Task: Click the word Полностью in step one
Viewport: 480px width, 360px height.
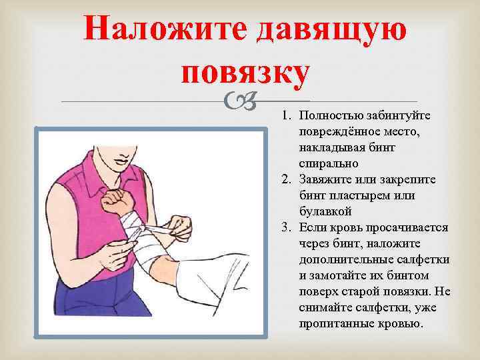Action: (x=327, y=117)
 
